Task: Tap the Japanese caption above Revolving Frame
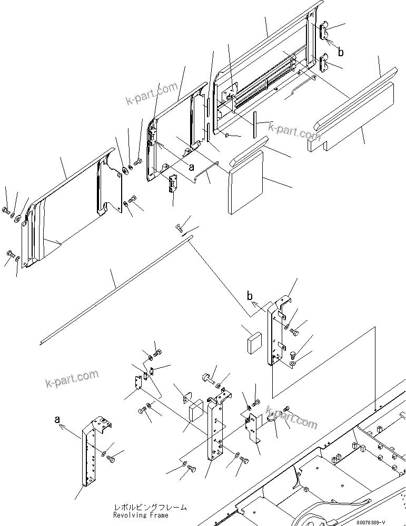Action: pos(150,508)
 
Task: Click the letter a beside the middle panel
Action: pos(191,167)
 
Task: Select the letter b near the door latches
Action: pos(341,52)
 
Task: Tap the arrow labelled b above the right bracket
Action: pos(256,303)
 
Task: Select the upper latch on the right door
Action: pos(325,32)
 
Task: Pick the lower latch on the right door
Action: pos(325,64)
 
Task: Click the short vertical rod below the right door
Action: pos(254,125)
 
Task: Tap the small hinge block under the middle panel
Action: pos(173,185)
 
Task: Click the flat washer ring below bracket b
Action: pos(292,363)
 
